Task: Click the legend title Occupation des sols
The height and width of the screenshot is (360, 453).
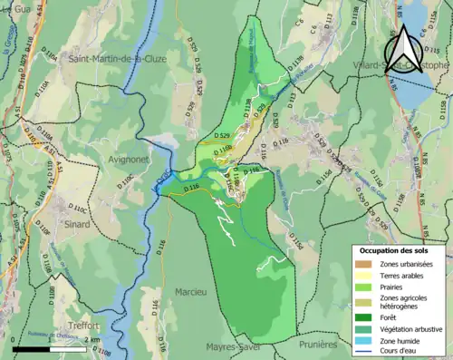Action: pyautogui.click(x=396, y=249)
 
